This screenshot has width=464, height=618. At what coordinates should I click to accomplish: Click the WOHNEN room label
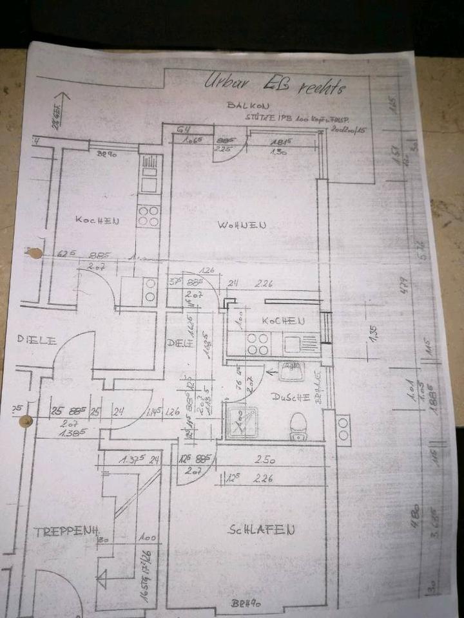pyautogui.click(x=242, y=225)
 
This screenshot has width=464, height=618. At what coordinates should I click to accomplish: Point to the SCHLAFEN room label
pyautogui.click(x=262, y=530)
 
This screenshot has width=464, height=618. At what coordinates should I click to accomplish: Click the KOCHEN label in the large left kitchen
pyautogui.click(x=97, y=220)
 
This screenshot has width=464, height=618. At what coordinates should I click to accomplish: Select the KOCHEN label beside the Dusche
pyautogui.click(x=283, y=321)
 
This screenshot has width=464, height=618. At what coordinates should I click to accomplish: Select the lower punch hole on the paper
pyautogui.click(x=25, y=422)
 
